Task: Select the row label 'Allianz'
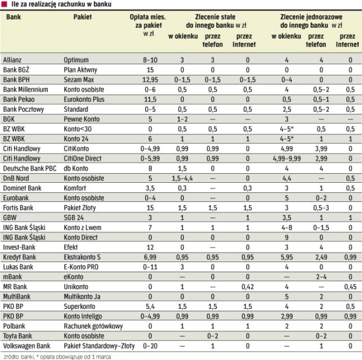[x=14, y=59]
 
